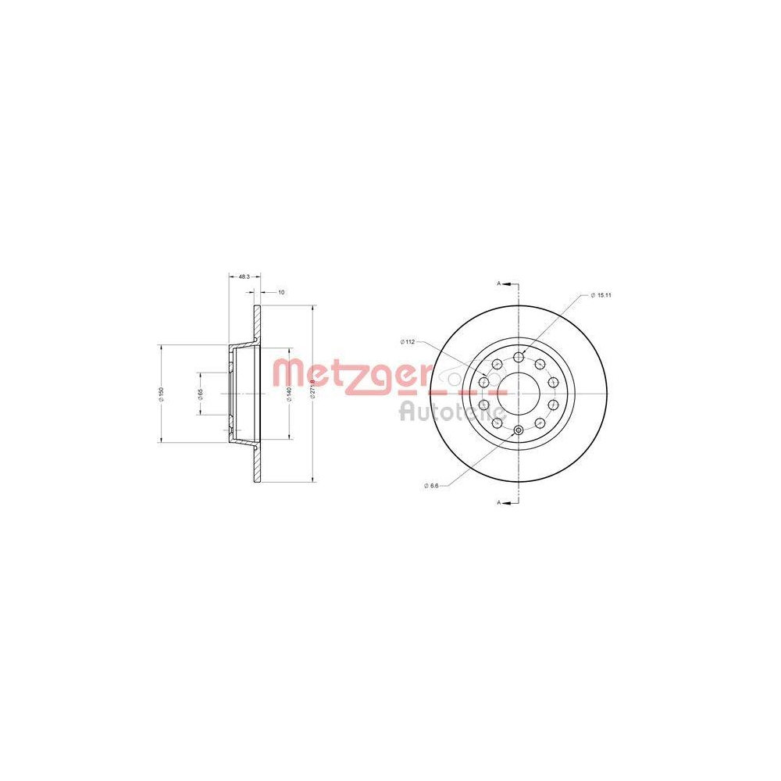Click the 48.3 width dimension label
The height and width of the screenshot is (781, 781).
(x=244, y=276)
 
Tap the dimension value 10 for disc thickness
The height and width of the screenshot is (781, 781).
(x=281, y=292)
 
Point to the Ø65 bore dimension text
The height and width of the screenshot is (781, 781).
(x=201, y=394)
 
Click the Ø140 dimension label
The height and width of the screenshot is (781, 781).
(x=290, y=394)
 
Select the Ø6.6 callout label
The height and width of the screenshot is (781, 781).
(x=432, y=486)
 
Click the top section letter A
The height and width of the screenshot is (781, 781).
(x=499, y=283)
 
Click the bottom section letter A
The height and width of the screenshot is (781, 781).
(x=499, y=502)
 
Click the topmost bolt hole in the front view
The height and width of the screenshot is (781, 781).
(x=519, y=357)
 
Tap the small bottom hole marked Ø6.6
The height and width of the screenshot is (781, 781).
(x=519, y=430)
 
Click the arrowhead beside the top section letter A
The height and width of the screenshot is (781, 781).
(x=507, y=283)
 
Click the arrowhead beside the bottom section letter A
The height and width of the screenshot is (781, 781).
(x=507, y=502)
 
